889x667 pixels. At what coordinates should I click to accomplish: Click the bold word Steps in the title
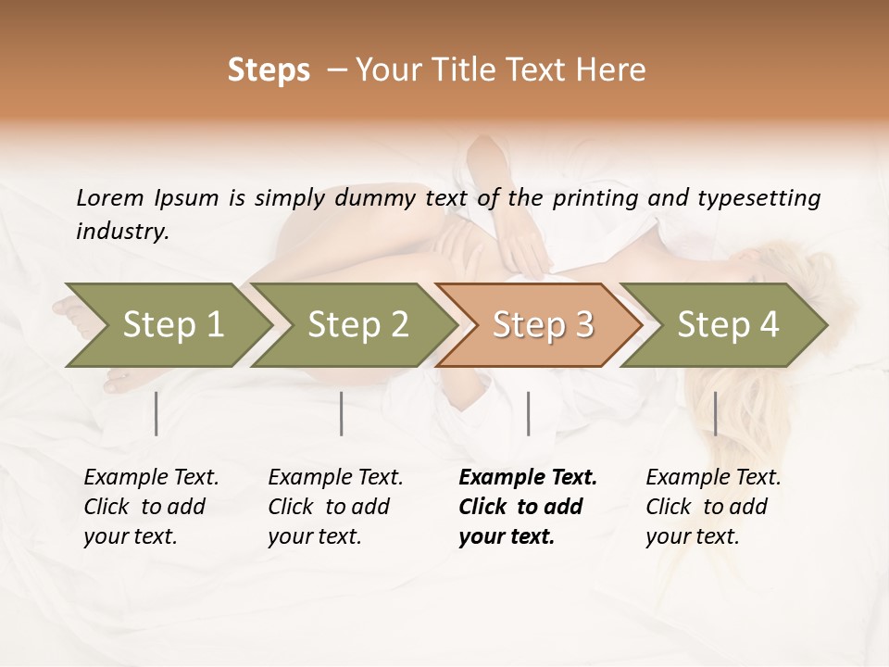click(x=269, y=70)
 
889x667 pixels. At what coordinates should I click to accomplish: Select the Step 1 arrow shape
click(x=167, y=325)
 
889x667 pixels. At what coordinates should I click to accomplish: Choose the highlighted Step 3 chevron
click(x=543, y=325)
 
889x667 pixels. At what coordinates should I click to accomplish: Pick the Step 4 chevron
click(x=728, y=325)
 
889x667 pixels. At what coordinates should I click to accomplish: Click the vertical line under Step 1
click(x=157, y=413)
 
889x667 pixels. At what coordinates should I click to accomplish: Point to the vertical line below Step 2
click(x=342, y=413)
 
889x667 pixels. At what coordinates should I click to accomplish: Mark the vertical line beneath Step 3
click(x=529, y=413)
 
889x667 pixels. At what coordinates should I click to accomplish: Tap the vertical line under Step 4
click(x=716, y=413)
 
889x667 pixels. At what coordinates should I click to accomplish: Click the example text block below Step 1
click(x=151, y=507)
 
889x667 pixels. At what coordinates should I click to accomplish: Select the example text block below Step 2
click(x=335, y=507)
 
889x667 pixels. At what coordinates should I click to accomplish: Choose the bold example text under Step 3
click(x=528, y=507)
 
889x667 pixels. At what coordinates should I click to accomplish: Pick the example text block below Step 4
click(x=713, y=507)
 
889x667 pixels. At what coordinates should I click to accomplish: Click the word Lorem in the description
click(x=110, y=198)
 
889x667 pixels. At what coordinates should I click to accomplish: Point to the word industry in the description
click(x=121, y=232)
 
